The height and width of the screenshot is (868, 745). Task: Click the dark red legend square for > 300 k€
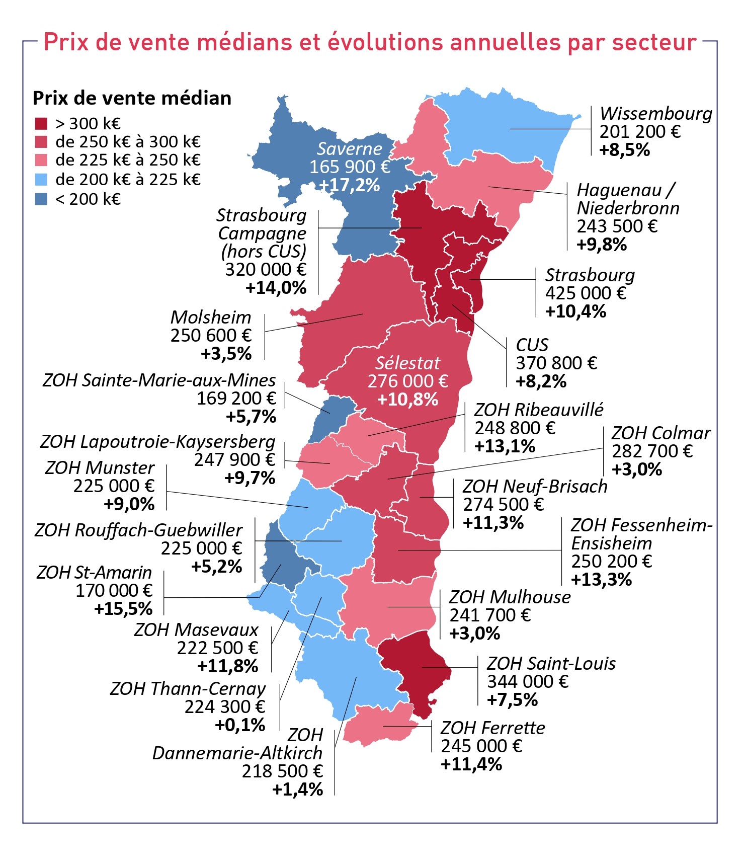41,123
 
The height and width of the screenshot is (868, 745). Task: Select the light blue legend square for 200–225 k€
41,179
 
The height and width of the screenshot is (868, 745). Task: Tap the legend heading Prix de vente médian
132,98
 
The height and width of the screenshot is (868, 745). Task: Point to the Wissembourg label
655,114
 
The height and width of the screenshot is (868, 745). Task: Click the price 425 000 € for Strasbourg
585,293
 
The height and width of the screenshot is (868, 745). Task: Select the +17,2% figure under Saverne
350,185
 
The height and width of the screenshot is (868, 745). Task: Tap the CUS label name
531,345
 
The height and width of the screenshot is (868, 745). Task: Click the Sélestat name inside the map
407,363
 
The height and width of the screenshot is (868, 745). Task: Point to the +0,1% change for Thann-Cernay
239,725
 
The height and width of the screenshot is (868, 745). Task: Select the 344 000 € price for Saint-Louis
527,681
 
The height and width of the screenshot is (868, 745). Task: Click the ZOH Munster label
100,467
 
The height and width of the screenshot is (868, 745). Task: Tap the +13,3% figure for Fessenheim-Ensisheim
601,579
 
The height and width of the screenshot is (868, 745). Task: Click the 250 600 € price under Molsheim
211,335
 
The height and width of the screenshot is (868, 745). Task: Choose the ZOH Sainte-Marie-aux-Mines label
159,380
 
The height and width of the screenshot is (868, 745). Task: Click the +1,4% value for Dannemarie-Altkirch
297,789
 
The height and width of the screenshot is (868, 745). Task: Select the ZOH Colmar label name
660,433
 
